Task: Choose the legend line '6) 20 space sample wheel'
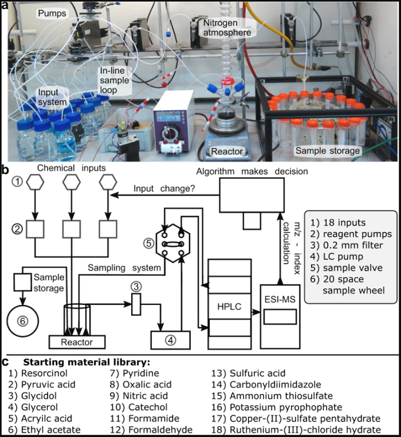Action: click(x=346, y=287)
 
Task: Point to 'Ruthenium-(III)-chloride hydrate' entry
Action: click(x=300, y=429)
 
